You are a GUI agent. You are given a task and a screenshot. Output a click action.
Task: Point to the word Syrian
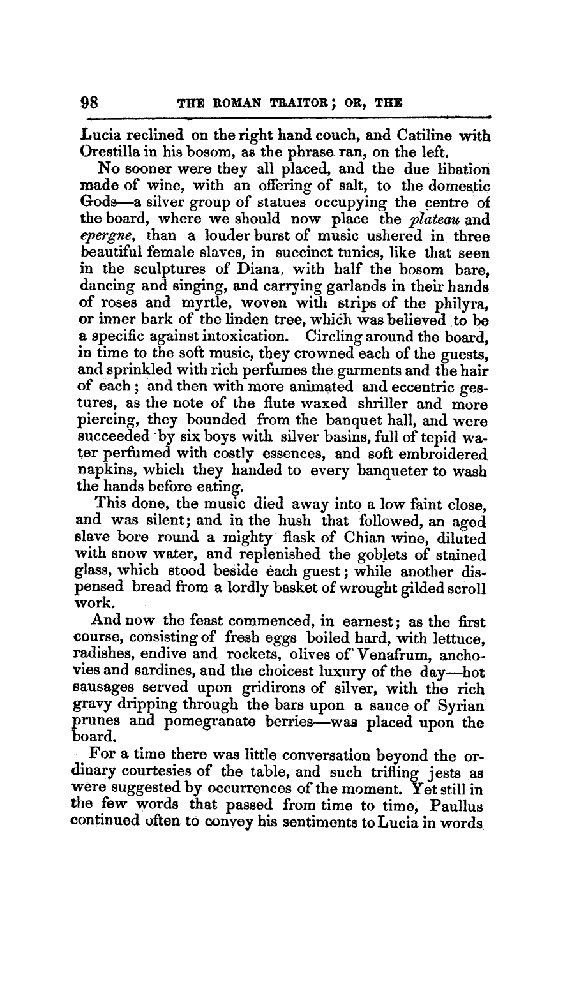coord(458,706)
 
